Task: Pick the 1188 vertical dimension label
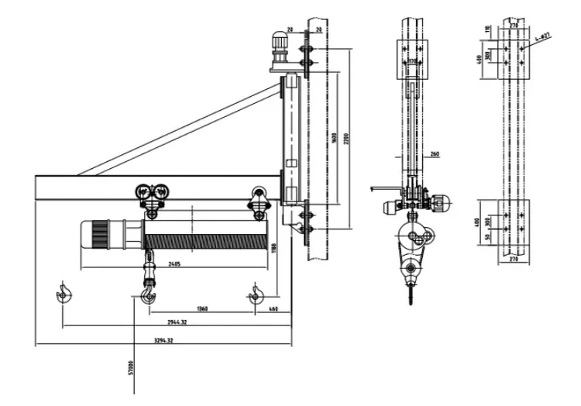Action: (x=274, y=247)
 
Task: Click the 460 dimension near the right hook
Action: (x=273, y=309)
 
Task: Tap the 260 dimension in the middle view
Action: (x=433, y=155)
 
